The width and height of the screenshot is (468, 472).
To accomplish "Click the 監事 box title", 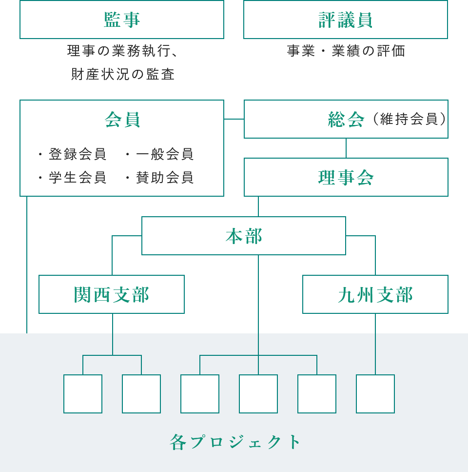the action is pos(122,20).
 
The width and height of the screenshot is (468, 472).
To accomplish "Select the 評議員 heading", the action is pos(345,20).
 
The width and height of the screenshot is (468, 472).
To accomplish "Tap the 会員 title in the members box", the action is pos(122,120).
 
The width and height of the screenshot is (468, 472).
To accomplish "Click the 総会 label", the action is pos(346,120).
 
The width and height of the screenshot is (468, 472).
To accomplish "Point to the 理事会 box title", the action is pos(346,177).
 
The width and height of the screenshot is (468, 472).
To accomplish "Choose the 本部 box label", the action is pos(244,236).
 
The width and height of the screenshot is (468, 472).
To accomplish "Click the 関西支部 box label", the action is pos(112,294).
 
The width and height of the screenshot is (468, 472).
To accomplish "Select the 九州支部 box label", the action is pos(375,294).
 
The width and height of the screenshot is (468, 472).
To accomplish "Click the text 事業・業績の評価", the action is pos(346,51).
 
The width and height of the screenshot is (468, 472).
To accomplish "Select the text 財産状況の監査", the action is pos(123,74).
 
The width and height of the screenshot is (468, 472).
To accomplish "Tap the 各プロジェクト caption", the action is pos(235,442).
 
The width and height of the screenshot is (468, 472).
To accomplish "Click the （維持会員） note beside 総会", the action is pos(409,119).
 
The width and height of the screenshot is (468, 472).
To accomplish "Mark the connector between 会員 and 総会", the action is pos(234,119).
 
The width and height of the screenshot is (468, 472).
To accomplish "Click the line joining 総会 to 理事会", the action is pos(346,148).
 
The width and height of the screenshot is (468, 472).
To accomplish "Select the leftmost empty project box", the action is pos(83,394).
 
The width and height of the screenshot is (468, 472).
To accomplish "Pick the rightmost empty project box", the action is pos(375,394).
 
